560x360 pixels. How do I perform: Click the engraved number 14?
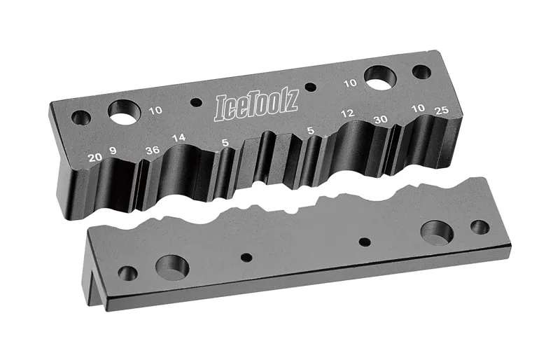pyautogui.click(x=179, y=138)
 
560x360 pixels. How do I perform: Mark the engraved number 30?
pyautogui.click(x=381, y=119)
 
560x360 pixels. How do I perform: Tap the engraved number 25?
pyautogui.click(x=441, y=111)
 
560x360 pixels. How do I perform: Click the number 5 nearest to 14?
pyautogui.click(x=225, y=143)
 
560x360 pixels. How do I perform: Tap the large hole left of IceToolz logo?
pyautogui.click(x=124, y=111)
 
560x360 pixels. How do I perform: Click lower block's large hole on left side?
pyautogui.click(x=172, y=266)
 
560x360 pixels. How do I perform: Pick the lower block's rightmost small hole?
pyautogui.click(x=479, y=227)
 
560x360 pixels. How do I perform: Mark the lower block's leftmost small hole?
pyautogui.click(x=128, y=272)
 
